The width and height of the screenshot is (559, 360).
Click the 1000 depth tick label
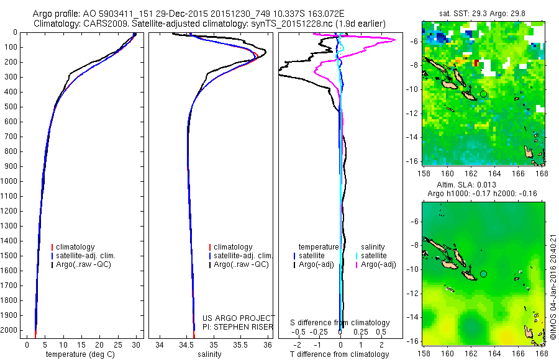[x=11, y=181]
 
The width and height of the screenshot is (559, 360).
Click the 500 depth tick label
[x=12, y=107]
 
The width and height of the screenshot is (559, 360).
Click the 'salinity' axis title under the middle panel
[x=209, y=354]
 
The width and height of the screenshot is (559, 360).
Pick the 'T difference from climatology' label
[x=340, y=354]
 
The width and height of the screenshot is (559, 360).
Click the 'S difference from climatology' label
[x=340, y=323]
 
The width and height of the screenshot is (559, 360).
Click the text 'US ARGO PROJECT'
[x=239, y=318]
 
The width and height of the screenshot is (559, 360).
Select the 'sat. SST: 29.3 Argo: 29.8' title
[x=483, y=12]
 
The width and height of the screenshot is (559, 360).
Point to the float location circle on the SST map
[x=483, y=94]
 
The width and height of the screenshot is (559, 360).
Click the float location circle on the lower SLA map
[x=483, y=274]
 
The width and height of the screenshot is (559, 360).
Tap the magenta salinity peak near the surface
[x=394, y=40]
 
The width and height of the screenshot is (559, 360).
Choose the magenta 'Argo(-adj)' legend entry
[x=378, y=264]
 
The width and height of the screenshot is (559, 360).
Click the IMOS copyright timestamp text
[x=552, y=287]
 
